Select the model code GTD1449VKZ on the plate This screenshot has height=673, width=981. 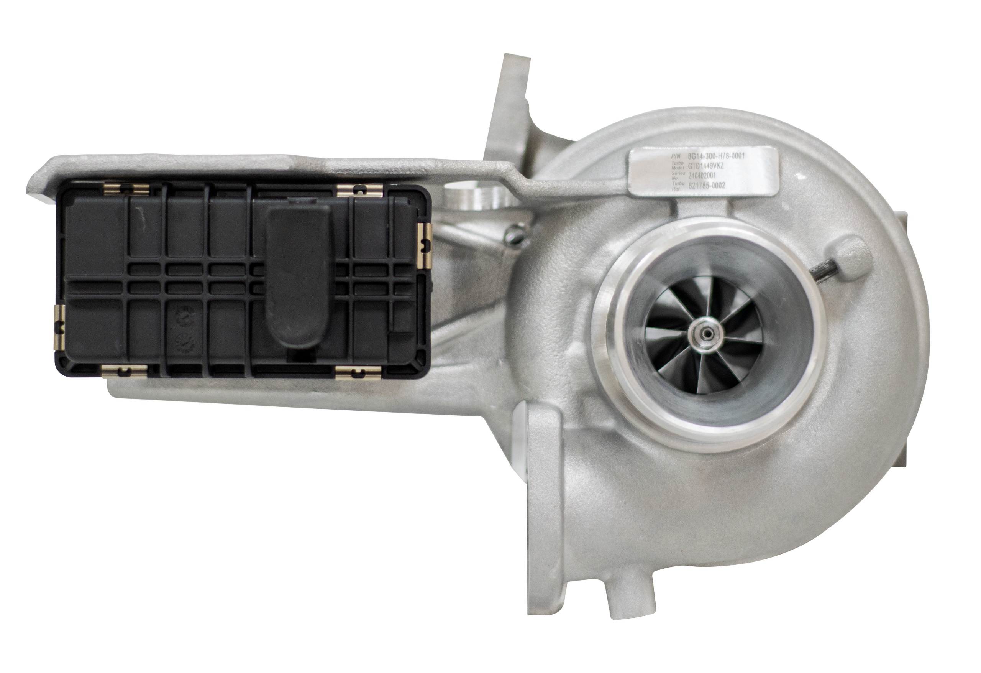[706, 166]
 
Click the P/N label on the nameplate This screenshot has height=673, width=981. [676, 157]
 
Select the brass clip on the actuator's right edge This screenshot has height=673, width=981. [425, 245]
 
